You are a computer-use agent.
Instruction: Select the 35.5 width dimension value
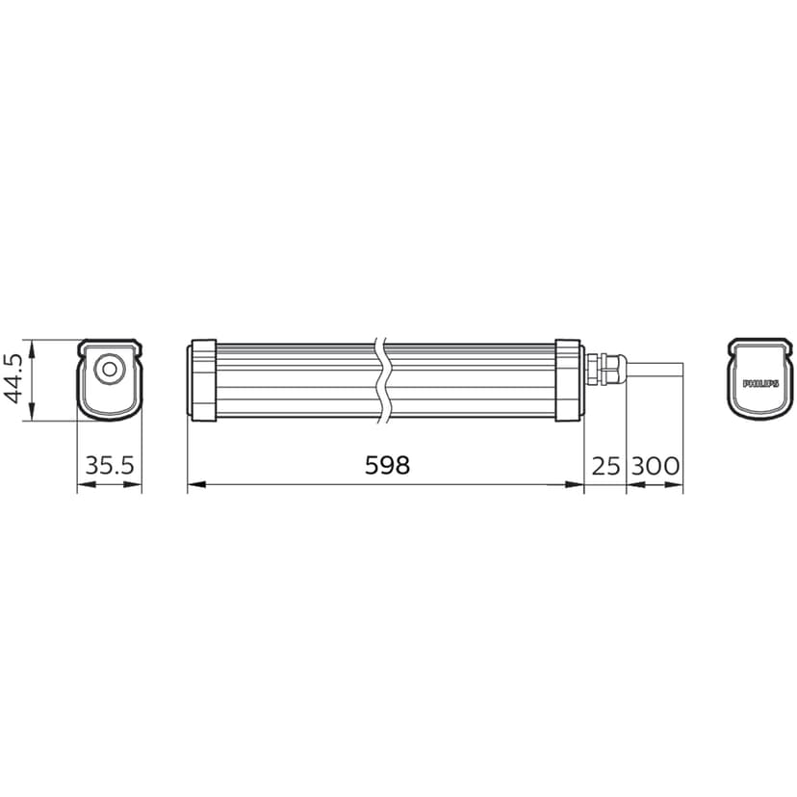(x=110, y=467)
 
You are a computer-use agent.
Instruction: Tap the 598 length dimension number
(x=387, y=466)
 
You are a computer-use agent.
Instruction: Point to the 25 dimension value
(x=604, y=467)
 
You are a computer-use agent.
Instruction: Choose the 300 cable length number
(x=656, y=467)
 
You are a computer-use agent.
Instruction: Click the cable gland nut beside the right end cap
(x=605, y=369)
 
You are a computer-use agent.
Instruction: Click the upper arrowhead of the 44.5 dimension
(x=33, y=345)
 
